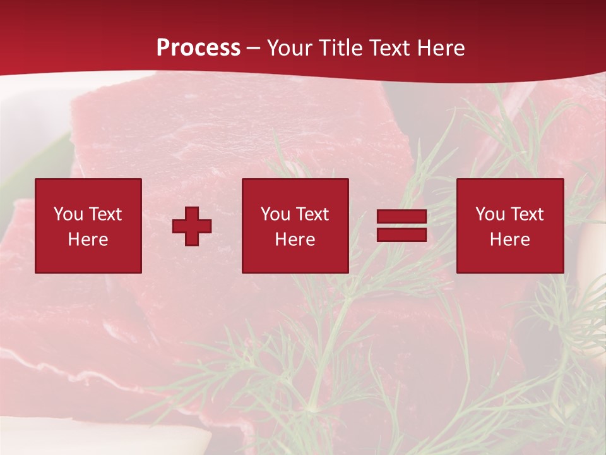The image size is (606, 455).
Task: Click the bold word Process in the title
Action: click(x=198, y=48)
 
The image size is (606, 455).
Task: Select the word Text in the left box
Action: click(x=105, y=214)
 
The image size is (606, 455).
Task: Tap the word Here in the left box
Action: click(x=88, y=240)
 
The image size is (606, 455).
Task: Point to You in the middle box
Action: click(x=275, y=214)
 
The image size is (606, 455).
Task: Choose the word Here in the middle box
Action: click(x=295, y=240)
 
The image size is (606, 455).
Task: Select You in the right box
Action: click(x=490, y=214)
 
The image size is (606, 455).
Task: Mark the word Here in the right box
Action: click(x=509, y=240)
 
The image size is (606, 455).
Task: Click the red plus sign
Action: click(x=192, y=226)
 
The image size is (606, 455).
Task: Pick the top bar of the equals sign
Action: click(x=401, y=217)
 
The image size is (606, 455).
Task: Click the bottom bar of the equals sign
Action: click(x=401, y=235)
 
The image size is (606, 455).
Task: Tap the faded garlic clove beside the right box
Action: click(x=592, y=253)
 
